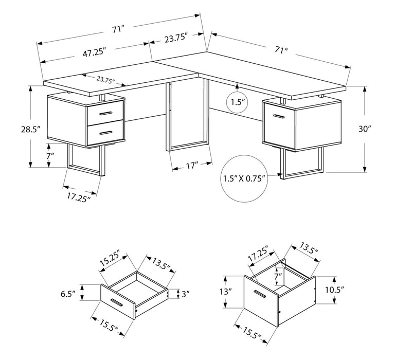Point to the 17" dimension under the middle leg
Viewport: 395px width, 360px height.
(x=191, y=167)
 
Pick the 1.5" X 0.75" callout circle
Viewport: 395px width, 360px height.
(x=244, y=179)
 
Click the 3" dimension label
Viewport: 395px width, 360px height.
(x=185, y=294)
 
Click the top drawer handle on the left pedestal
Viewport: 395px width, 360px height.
(x=106, y=113)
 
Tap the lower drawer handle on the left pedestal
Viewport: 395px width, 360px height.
(x=106, y=132)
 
